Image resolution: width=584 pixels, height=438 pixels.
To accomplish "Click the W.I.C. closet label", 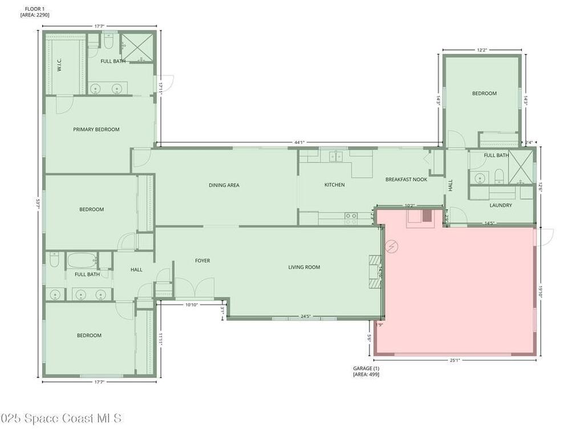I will coord(59,67).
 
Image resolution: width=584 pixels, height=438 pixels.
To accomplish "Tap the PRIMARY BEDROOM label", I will coord(96,129).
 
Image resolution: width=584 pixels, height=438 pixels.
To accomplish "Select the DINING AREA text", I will coord(224,185).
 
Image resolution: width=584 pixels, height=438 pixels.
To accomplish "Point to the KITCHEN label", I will coord(334,185).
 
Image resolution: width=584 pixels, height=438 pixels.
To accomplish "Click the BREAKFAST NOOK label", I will coord(406,180).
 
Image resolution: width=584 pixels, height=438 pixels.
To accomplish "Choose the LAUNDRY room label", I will coord(501,205).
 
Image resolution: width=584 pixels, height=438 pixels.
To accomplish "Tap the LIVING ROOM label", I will coord(304,267).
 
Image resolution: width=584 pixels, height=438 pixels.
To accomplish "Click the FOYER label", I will coord(202,261).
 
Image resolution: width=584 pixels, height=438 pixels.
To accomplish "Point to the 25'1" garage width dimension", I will coord(454,360).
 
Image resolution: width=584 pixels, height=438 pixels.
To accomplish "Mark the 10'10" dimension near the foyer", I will coord(192,305).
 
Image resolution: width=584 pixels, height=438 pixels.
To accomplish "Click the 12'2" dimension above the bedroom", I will coord(482,50).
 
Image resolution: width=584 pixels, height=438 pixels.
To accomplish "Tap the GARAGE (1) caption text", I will coord(366,368).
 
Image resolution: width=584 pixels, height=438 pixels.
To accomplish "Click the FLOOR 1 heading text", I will coord(35,9).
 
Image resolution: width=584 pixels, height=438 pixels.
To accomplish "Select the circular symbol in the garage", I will coord(392,246).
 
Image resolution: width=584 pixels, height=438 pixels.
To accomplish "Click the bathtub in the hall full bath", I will coord(82,261).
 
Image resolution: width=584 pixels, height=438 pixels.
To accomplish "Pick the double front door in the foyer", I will coord(194,288).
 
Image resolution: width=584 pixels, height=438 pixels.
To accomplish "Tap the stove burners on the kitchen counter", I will coord(351,216).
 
